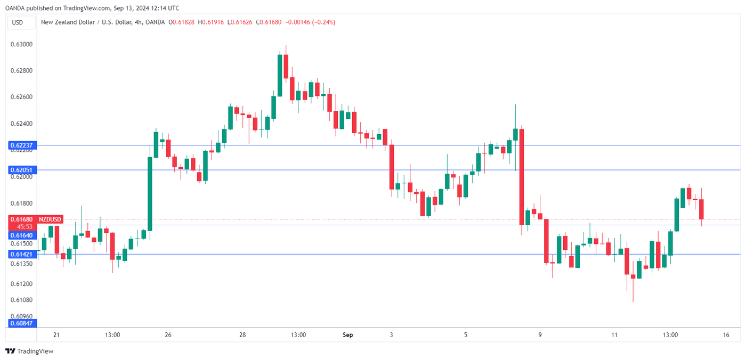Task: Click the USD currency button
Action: point(18,22)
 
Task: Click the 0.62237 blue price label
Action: point(21,145)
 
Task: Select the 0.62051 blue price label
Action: point(21,170)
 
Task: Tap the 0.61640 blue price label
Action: point(21,235)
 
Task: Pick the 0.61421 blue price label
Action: point(21,255)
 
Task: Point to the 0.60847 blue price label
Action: point(21,323)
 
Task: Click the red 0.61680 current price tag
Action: point(21,219)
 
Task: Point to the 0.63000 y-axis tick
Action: point(22,44)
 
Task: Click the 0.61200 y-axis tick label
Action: point(22,284)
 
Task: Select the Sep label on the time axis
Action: point(347,335)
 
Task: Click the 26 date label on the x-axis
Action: point(168,335)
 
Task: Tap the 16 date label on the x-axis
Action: point(726,335)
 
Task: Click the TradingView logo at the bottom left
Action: point(29,351)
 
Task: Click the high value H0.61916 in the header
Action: point(212,22)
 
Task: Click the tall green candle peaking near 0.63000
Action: point(280,75)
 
